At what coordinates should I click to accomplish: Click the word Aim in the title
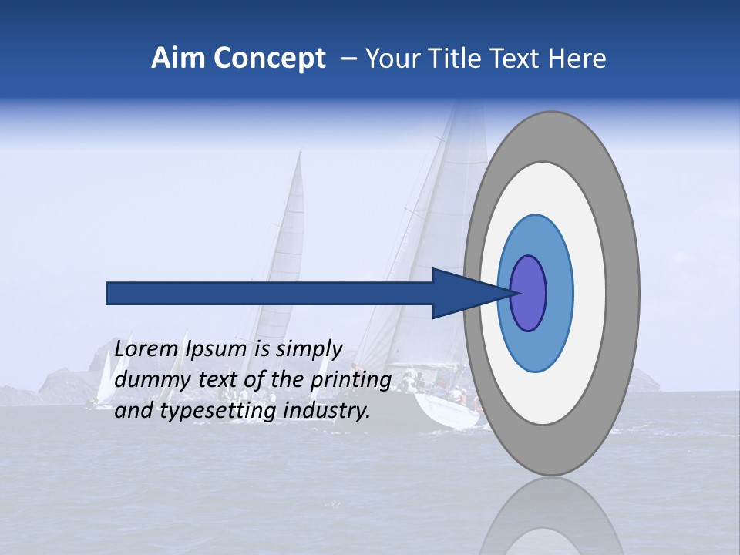[x=179, y=58]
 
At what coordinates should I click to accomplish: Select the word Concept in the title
[x=270, y=59]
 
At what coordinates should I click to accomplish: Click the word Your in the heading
[x=392, y=58]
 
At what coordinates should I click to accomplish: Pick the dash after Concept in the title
[x=348, y=59]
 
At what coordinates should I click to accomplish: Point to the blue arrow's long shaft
[x=270, y=293]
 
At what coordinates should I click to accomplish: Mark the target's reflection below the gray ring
[x=551, y=520]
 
